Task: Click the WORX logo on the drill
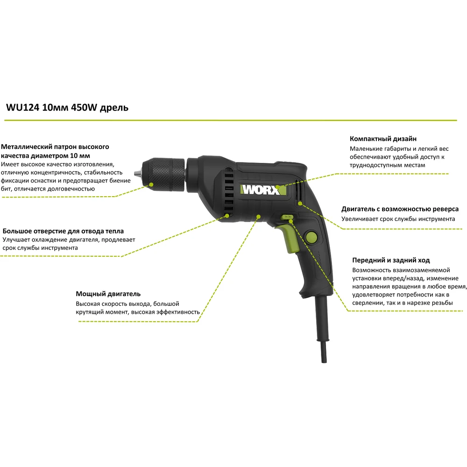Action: coord(263,190)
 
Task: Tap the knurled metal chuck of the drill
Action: coord(163,174)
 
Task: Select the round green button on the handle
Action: coord(311,237)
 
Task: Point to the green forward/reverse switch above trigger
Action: coord(287,217)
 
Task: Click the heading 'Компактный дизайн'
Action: coord(383,139)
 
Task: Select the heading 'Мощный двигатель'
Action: coord(108,294)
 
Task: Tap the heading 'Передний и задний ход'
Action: coord(391,260)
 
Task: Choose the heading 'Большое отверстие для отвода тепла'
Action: coord(63,231)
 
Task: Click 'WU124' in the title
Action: coord(22,107)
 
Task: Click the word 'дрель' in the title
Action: coord(114,108)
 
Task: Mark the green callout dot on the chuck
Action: coord(151,184)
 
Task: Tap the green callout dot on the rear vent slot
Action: coord(300,204)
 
